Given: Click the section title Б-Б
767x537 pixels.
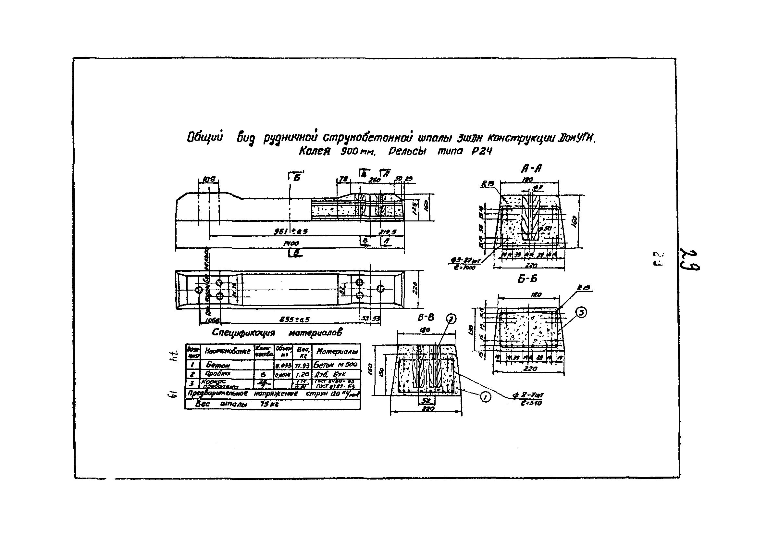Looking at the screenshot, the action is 527,279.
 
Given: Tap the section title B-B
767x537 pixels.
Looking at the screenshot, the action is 426,318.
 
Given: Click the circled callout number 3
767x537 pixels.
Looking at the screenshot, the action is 581,312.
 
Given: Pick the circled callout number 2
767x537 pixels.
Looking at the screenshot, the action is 451,319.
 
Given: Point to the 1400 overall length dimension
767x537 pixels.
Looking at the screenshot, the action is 291,244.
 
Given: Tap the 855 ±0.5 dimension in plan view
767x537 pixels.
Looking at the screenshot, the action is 294,320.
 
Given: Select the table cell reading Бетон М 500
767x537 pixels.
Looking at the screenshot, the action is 336,364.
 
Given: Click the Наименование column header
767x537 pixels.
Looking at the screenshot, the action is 228,351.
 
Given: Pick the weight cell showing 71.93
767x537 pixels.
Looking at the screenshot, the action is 302,365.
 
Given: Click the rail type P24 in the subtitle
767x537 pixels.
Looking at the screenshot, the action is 482,152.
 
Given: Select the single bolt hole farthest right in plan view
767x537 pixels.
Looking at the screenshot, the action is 380,289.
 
